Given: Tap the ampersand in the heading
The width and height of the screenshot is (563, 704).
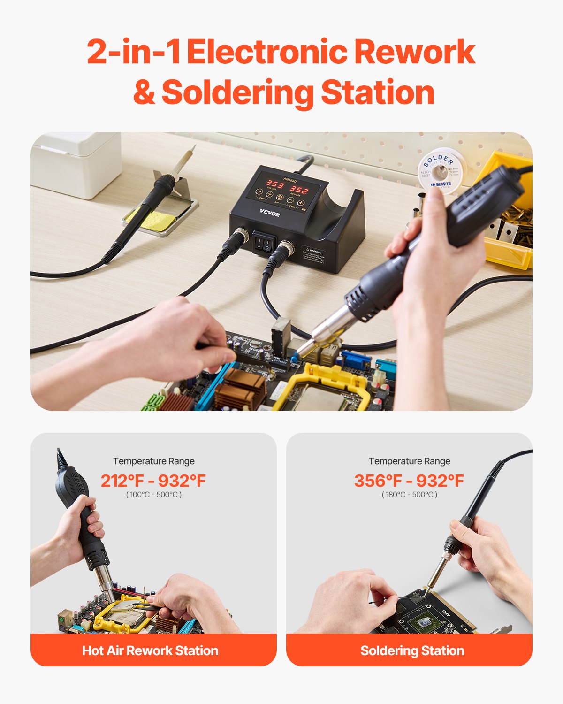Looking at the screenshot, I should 144,92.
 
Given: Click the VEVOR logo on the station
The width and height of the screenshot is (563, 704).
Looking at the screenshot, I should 269,214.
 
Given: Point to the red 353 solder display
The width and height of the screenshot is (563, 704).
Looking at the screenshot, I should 275,184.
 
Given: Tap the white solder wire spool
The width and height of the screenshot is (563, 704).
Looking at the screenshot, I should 441,170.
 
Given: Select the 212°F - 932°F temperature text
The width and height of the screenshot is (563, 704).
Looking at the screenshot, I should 153,481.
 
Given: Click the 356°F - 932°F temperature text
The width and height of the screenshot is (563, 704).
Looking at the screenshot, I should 409,481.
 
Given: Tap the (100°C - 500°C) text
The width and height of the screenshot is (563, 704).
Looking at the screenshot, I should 153,495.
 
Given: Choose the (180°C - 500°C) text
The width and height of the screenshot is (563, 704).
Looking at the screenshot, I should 409,495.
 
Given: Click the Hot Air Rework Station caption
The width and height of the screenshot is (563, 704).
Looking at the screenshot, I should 150,650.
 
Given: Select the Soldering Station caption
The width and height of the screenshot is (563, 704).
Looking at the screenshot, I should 412,650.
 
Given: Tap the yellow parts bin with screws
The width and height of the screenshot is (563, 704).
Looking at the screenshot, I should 509,221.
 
